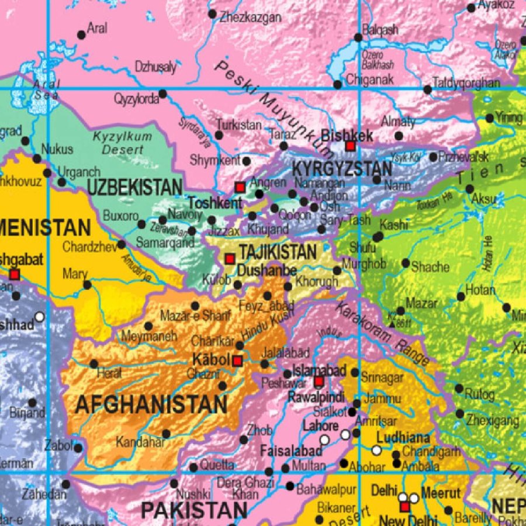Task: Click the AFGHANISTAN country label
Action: (151, 404)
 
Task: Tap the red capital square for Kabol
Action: (237, 361)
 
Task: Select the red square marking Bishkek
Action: (350, 146)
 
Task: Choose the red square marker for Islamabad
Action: (319, 382)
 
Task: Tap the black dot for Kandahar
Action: (166, 434)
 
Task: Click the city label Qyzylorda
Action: (136, 99)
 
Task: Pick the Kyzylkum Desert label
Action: (122, 143)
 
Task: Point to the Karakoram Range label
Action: (383, 334)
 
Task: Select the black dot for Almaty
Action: (399, 136)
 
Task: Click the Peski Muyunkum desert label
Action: (272, 108)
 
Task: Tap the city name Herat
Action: (110, 373)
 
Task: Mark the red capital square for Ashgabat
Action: (15, 274)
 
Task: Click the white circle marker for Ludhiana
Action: (377, 450)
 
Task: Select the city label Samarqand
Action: (165, 242)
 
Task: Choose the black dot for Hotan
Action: (461, 297)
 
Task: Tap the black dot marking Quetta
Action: (193, 467)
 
